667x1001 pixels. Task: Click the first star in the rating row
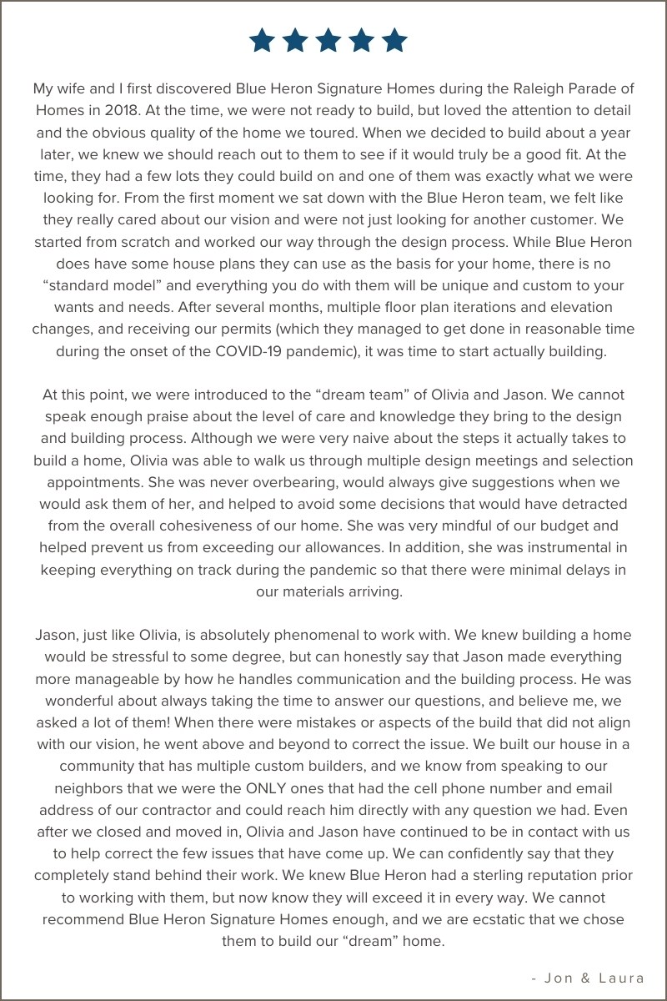coord(262,40)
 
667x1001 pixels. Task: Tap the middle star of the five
coord(328,40)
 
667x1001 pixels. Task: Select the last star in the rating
coord(394,40)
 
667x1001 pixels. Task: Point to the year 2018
coord(133,110)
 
